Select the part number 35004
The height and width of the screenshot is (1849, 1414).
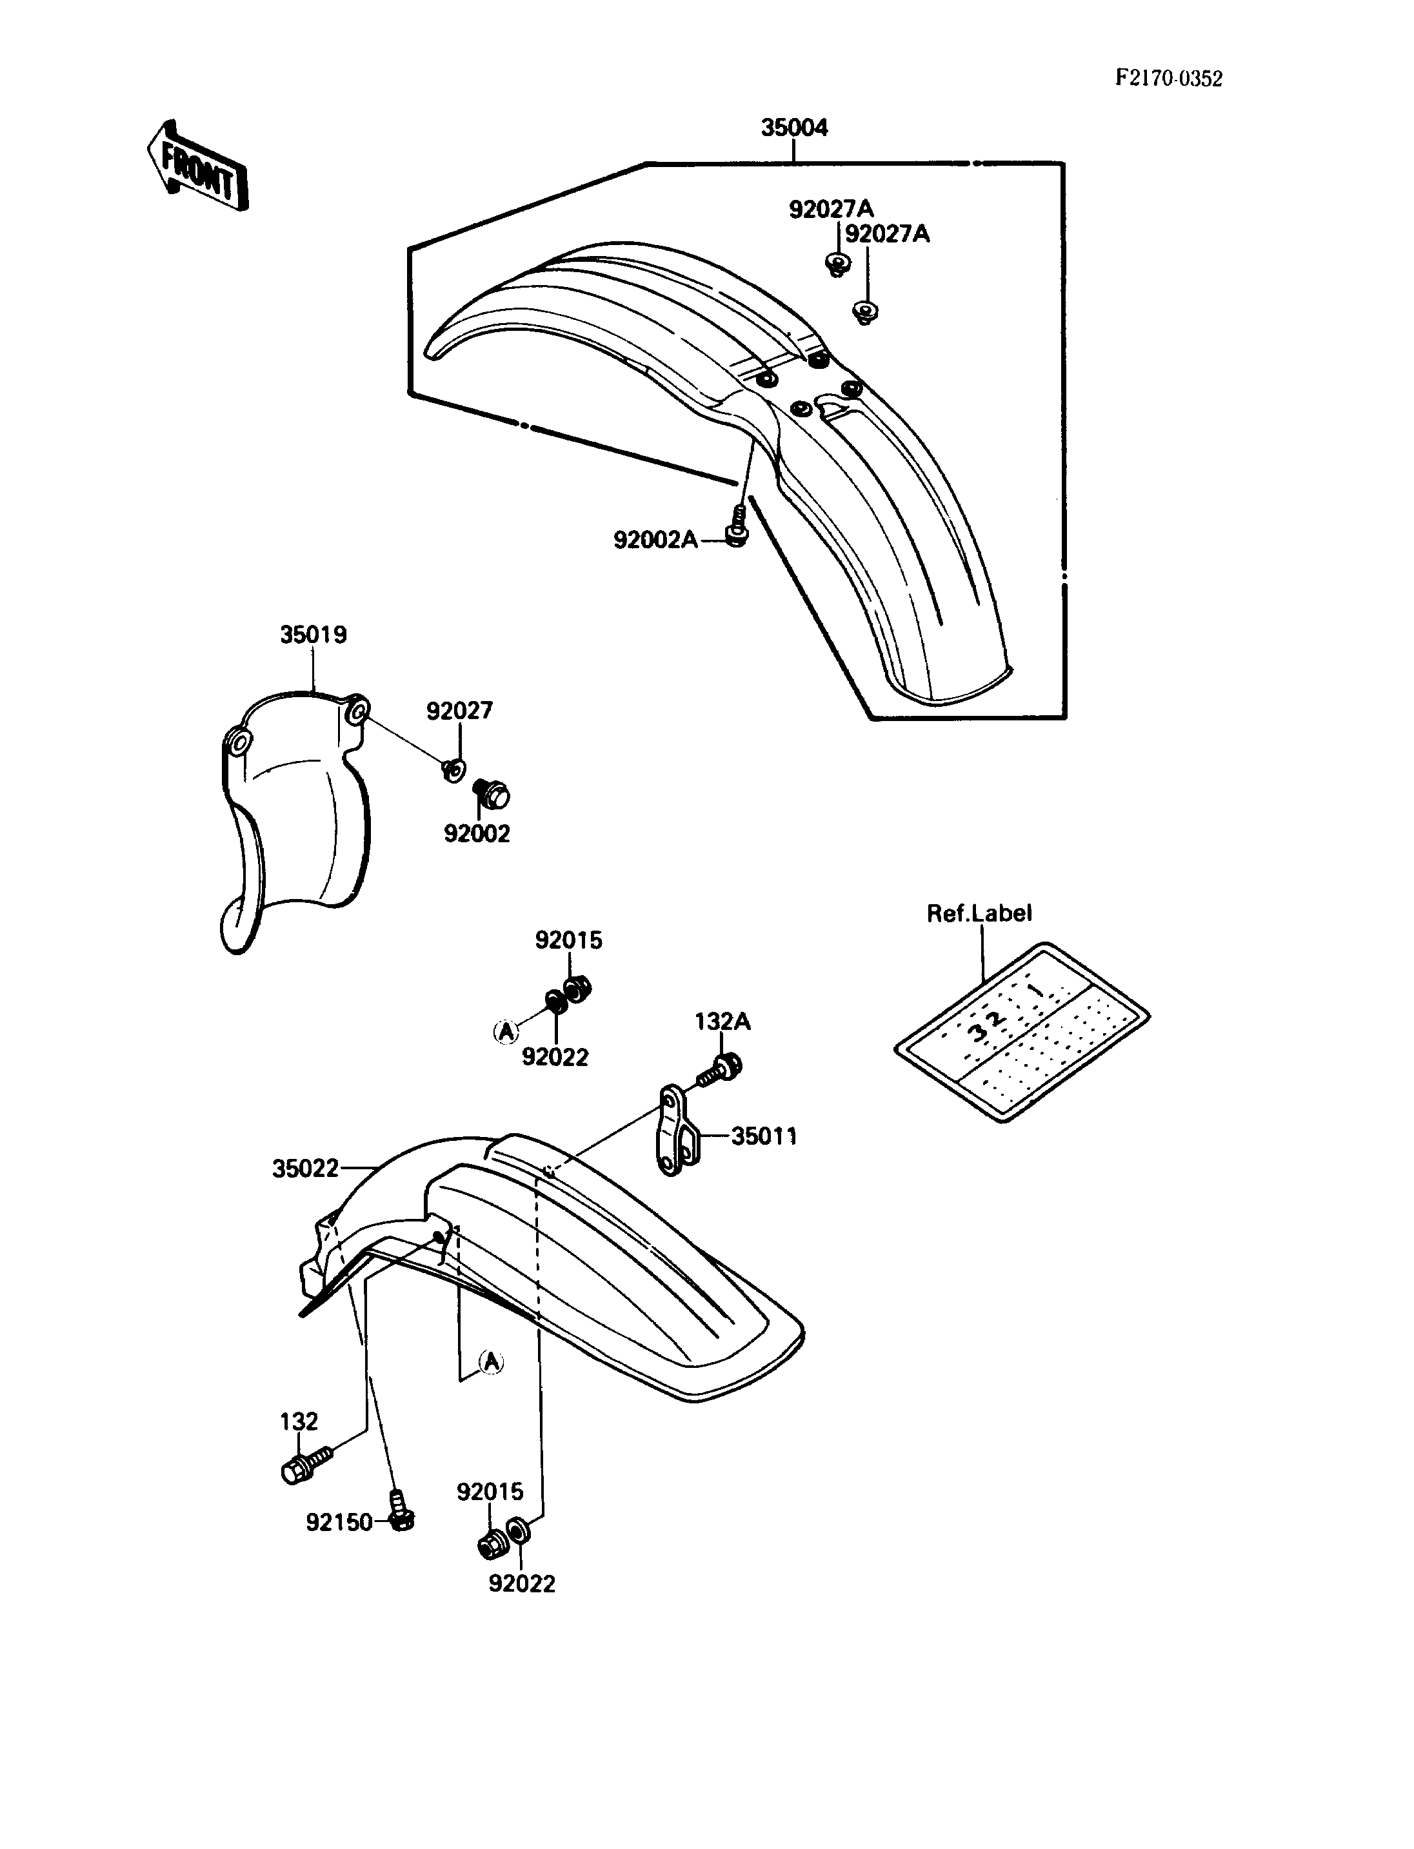point(795,127)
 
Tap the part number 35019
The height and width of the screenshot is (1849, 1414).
point(313,635)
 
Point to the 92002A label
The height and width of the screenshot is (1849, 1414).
point(655,539)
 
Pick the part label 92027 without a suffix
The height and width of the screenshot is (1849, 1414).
point(459,711)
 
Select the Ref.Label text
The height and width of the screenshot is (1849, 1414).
point(979,913)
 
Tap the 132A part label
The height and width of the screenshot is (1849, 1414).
point(722,1022)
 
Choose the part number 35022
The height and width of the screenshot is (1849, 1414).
point(306,1168)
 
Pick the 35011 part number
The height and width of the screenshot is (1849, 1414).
point(764,1136)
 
